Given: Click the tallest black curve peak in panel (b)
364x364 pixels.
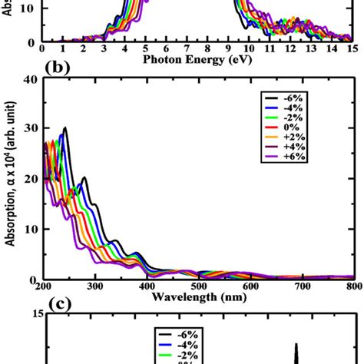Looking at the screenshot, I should click(65, 128).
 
